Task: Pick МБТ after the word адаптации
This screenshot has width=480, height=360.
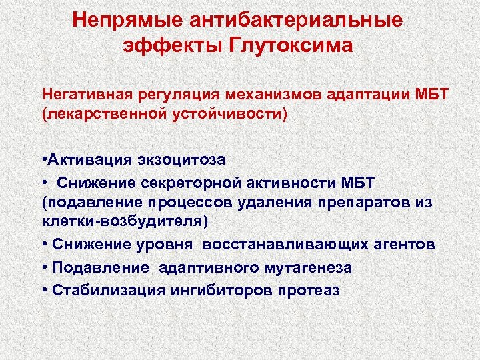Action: pos(435,94)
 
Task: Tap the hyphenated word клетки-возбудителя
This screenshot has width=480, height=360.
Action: pos(124,221)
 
